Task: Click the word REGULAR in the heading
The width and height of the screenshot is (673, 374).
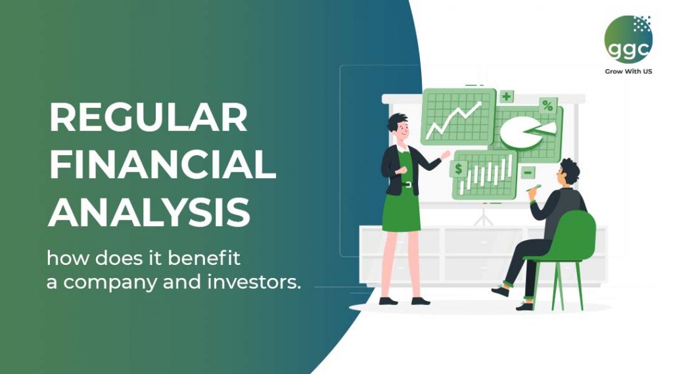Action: pos(149,119)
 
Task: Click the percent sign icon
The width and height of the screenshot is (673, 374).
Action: pos(547,105)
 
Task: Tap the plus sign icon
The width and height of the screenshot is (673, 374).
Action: pos(505,97)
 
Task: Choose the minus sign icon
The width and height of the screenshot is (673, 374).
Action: pos(528,172)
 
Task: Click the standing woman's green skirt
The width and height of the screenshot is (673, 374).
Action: pos(401,210)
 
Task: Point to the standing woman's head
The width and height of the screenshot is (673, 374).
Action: pos(398,126)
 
